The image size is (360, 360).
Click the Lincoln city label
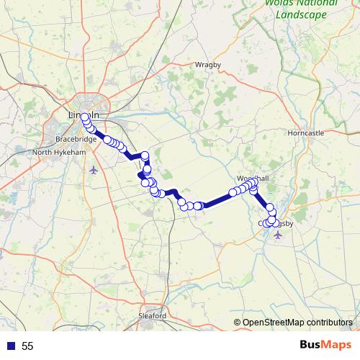pos(83,114)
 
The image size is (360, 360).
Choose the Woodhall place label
pos(251,178)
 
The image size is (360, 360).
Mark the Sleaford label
pos(152,315)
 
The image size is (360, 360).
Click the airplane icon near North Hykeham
pos(94,170)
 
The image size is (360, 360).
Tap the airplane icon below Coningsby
pos(279,235)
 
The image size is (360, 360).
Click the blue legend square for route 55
pos(11,346)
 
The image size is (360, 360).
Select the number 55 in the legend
pos(27,346)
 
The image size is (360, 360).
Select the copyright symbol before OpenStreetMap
pos(237,322)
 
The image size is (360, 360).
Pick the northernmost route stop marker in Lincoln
pos(85,117)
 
